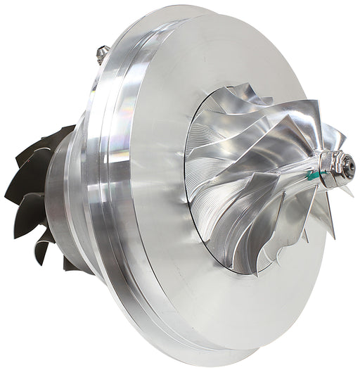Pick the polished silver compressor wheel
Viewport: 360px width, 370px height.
[x=260, y=183]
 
